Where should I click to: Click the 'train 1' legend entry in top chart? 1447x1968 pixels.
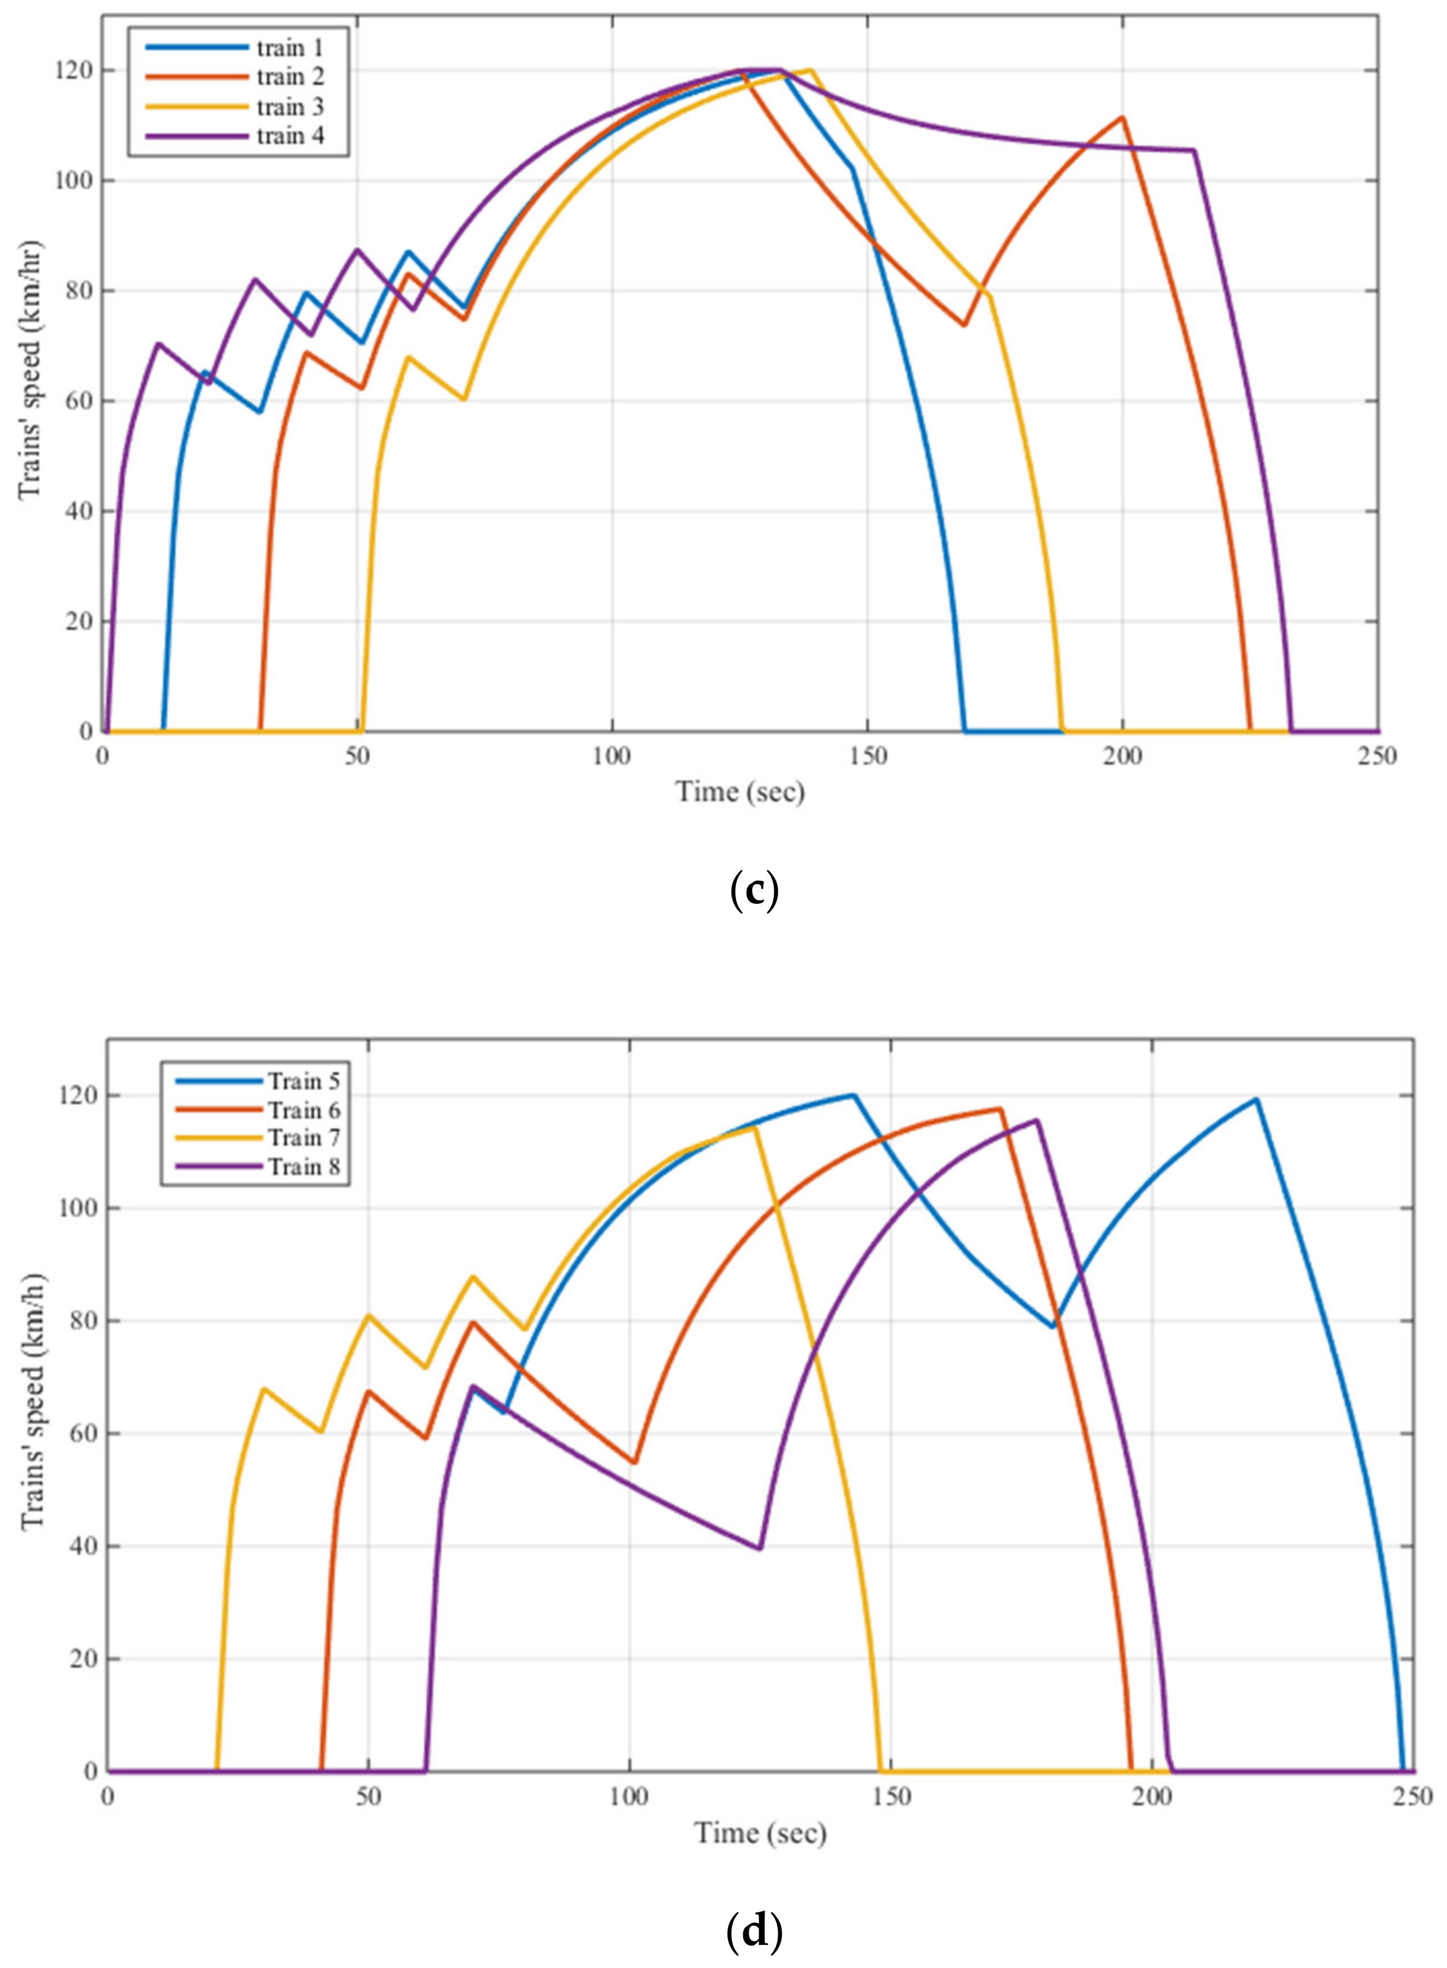289,47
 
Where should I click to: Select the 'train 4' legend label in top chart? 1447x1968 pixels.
289,136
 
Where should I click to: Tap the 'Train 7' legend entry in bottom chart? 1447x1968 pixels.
304,1138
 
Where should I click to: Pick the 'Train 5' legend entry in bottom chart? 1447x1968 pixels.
304,1081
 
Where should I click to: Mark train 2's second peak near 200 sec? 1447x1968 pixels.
1122,117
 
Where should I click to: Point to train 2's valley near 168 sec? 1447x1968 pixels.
964,325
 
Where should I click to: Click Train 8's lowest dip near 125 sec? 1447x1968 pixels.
760,1549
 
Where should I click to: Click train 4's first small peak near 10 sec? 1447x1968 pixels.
158,343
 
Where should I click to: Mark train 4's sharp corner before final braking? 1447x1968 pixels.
1194,150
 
